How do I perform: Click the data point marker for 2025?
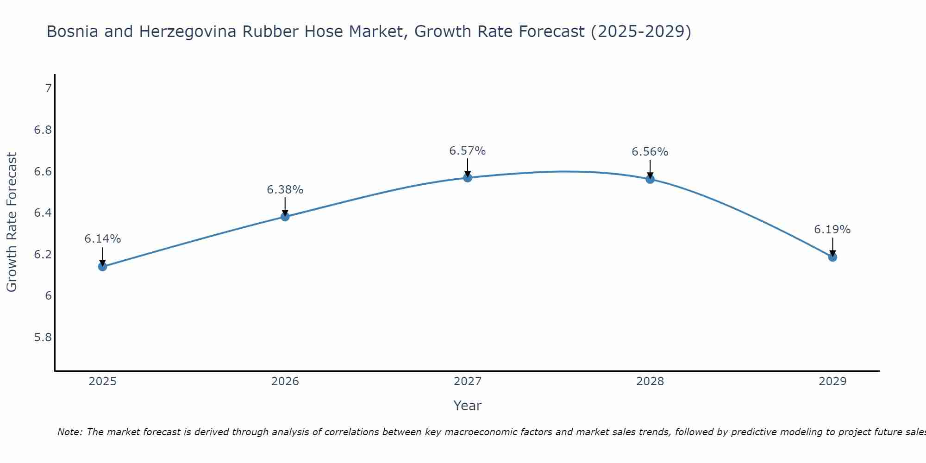pos(102,266)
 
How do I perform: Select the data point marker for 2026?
pos(285,216)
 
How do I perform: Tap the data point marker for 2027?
pos(468,177)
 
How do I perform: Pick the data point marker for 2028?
pos(650,179)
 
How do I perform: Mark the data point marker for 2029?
pos(832,257)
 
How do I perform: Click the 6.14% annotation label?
pos(102,239)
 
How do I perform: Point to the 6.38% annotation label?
pos(285,190)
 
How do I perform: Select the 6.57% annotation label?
pos(468,151)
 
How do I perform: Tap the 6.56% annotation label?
pos(650,152)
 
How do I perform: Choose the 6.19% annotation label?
pos(832,230)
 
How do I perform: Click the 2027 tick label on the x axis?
pos(468,382)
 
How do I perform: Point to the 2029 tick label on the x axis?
pos(832,382)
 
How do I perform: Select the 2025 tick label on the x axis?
pos(102,382)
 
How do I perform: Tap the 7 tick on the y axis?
pos(48,88)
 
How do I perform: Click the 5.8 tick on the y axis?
pos(43,337)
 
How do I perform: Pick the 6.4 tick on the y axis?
pos(43,213)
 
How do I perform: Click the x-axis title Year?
pos(468,406)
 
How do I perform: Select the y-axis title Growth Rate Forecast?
pos(12,222)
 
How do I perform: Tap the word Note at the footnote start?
pos(69,432)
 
